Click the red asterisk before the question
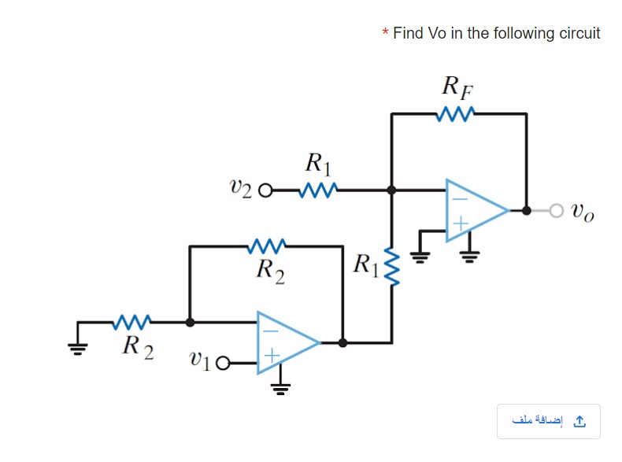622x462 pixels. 385,33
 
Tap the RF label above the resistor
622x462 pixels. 457,87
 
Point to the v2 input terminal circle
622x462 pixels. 265,190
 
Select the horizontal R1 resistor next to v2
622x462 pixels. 318,190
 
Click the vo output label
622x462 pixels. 583,212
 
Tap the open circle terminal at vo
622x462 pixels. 557,211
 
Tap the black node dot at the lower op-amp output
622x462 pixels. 342,342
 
